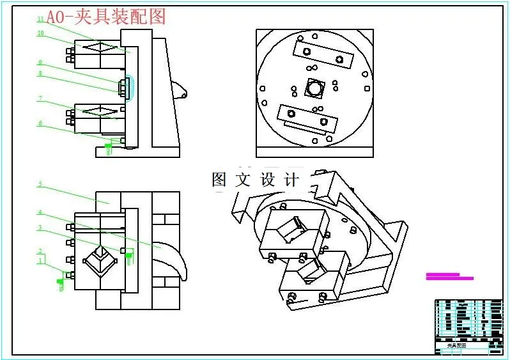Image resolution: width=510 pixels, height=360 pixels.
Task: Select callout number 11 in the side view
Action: [40, 19]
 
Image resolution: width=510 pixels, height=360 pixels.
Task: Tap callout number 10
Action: [40, 33]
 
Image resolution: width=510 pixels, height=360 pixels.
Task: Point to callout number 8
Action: [40, 74]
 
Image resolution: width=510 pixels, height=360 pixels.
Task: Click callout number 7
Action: [40, 99]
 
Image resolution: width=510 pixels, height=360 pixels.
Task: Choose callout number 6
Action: [40, 123]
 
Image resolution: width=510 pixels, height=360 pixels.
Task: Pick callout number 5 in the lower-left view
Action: [40, 184]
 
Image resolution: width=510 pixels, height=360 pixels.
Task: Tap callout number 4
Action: [40, 212]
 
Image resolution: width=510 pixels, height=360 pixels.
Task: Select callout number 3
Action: [40, 227]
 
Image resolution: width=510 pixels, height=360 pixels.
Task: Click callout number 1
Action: [40, 260]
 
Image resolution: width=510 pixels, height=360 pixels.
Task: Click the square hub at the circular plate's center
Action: [314, 88]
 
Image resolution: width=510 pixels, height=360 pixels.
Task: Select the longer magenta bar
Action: [450, 278]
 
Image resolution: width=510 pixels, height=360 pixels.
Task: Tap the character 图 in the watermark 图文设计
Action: [219, 180]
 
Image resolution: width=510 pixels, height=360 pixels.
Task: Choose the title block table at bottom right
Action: [468, 325]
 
